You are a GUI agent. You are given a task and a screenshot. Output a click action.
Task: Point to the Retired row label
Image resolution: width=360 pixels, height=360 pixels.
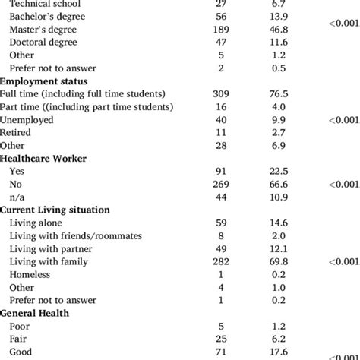(17, 132)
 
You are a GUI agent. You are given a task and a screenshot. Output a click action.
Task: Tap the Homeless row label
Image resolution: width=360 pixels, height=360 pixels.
(30, 274)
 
